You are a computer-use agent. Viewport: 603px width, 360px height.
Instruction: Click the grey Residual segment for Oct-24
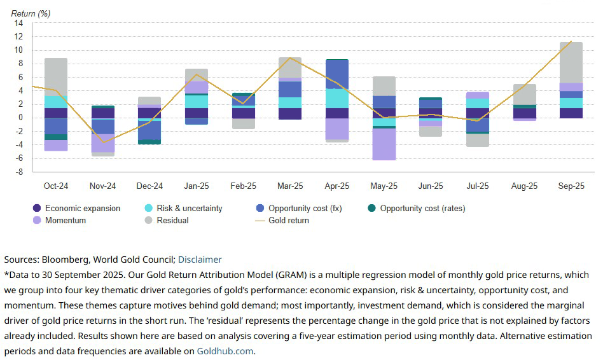[56, 77]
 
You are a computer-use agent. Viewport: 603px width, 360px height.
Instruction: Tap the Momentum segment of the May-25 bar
[384, 144]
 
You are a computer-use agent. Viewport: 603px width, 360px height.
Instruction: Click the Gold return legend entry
[288, 220]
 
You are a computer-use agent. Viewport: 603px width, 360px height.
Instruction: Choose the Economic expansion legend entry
[82, 208]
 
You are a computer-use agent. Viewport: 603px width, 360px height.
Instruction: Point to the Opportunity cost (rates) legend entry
[422, 208]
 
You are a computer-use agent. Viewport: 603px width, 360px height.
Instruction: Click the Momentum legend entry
[66, 220]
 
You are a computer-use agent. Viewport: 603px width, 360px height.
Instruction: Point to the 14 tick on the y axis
[18, 23]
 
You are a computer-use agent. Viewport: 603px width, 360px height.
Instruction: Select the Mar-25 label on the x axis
[290, 186]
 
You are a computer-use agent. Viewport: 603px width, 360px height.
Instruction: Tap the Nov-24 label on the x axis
[102, 186]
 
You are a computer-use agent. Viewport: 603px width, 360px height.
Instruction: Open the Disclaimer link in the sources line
[200, 260]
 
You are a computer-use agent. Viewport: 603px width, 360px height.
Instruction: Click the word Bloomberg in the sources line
[64, 260]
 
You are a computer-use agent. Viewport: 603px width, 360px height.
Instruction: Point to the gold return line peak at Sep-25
[571, 42]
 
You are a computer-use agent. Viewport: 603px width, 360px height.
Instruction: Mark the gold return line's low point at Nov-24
[102, 142]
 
